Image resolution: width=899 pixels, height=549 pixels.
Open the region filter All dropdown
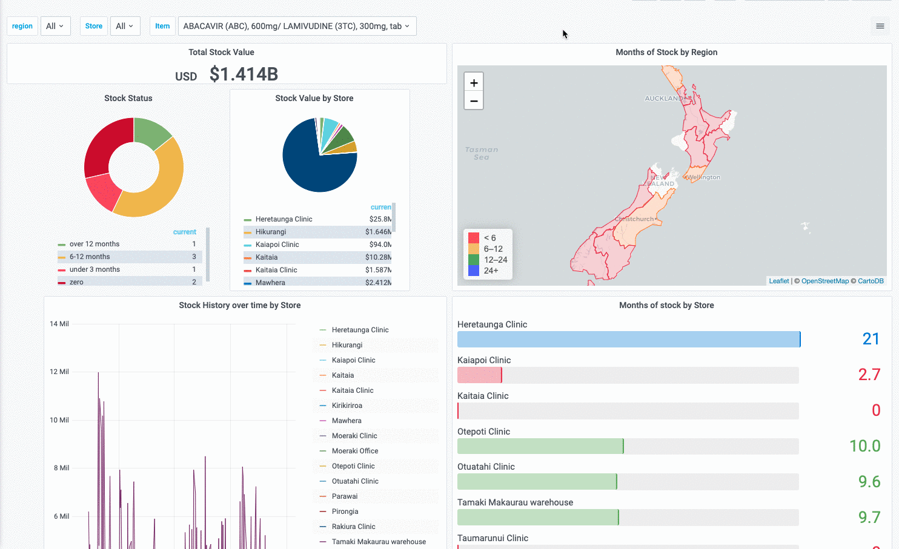tap(55, 26)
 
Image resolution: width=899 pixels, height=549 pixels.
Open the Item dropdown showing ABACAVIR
tap(296, 26)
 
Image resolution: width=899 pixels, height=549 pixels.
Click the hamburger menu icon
tap(880, 26)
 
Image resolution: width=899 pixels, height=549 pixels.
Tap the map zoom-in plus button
tap(474, 83)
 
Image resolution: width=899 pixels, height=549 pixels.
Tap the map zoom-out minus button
tap(474, 101)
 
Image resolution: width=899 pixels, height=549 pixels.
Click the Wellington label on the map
tap(703, 177)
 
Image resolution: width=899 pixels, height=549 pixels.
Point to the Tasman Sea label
tap(482, 153)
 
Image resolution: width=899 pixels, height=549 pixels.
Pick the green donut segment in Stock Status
tap(151, 131)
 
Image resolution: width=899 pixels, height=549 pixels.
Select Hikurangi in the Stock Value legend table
tap(271, 232)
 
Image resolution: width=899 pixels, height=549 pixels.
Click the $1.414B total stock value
tap(244, 74)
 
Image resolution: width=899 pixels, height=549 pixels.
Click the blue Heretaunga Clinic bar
tap(628, 339)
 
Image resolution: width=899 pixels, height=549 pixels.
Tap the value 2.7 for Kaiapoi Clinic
tap(869, 375)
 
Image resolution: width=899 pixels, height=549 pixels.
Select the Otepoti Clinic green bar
tap(540, 446)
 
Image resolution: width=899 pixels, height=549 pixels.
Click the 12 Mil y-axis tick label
tap(59, 372)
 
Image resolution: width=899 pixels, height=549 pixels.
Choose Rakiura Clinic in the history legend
tap(353, 527)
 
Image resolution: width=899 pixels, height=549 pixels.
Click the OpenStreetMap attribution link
tap(824, 281)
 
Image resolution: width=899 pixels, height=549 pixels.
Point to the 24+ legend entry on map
tap(491, 271)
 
